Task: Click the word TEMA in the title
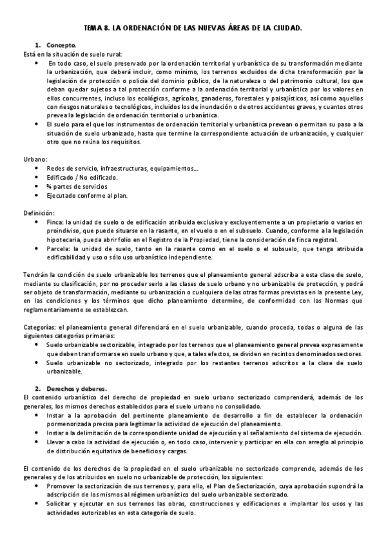tap(93, 29)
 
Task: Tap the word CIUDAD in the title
tap(287, 29)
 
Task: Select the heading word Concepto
tap(61, 46)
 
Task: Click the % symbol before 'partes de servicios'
tap(49, 185)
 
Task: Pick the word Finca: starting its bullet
tap(55, 221)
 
